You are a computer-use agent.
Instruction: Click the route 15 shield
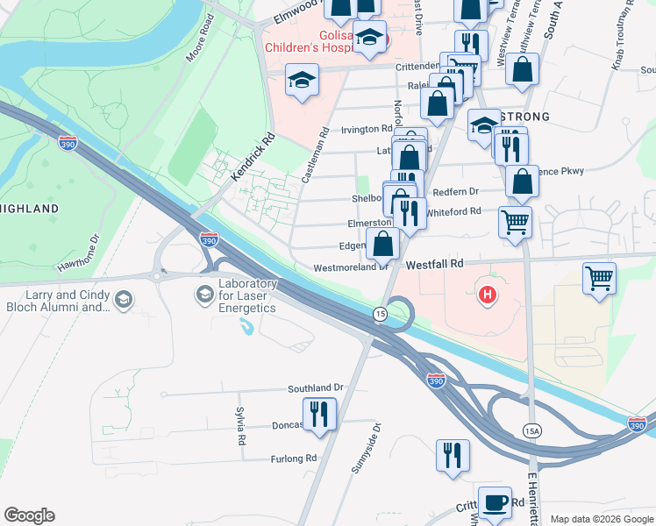click(380, 314)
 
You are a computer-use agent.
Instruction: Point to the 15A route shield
click(531, 430)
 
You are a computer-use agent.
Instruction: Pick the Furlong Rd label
click(293, 458)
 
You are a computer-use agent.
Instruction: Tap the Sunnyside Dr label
click(367, 449)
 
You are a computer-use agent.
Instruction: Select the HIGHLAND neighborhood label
click(30, 209)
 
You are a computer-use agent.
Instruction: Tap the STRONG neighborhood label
click(524, 117)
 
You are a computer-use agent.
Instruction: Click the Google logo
click(30, 515)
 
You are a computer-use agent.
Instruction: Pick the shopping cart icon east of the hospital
click(599, 280)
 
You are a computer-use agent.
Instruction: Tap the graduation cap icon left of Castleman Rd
click(302, 82)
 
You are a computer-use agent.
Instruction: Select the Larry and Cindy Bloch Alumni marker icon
click(123, 300)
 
